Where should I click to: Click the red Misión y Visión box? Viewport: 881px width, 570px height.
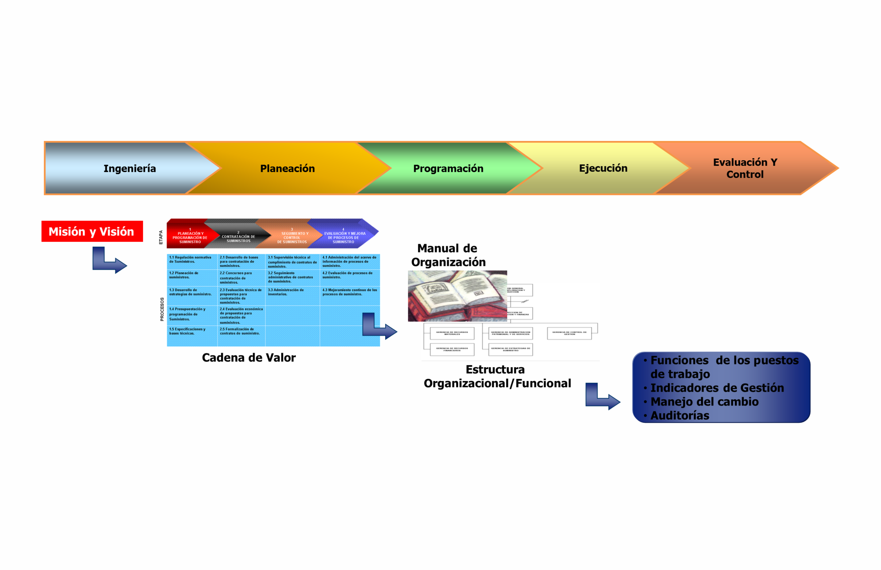tap(92, 231)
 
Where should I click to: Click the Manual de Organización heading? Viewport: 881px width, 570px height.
tap(448, 255)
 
